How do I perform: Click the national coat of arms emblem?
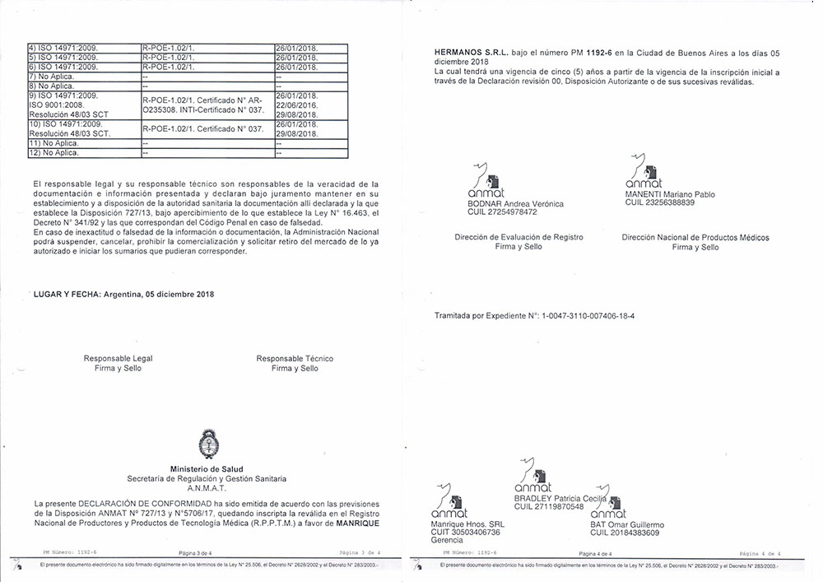(x=207, y=446)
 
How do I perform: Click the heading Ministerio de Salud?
(x=207, y=468)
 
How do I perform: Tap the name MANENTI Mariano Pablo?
(x=670, y=194)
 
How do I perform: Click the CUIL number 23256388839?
(x=660, y=203)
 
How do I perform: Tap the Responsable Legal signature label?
(x=118, y=359)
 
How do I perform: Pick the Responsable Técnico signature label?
(x=295, y=359)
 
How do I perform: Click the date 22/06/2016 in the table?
(x=295, y=104)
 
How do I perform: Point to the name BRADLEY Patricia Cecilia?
(x=560, y=499)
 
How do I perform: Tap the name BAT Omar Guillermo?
(x=627, y=524)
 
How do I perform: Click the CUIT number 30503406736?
(x=465, y=533)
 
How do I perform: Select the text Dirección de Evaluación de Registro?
(x=518, y=237)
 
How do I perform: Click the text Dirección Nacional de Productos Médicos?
(x=695, y=237)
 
